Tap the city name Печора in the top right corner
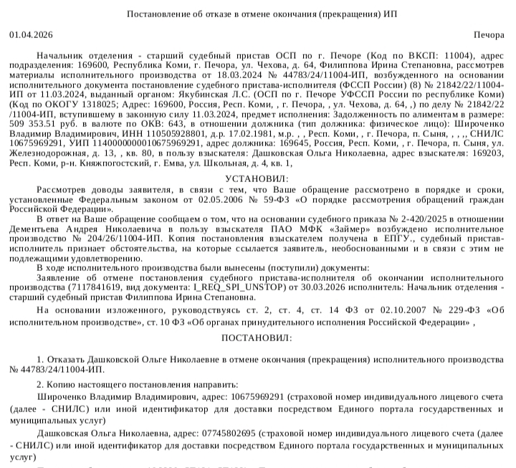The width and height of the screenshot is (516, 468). pyautogui.click(x=489, y=34)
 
